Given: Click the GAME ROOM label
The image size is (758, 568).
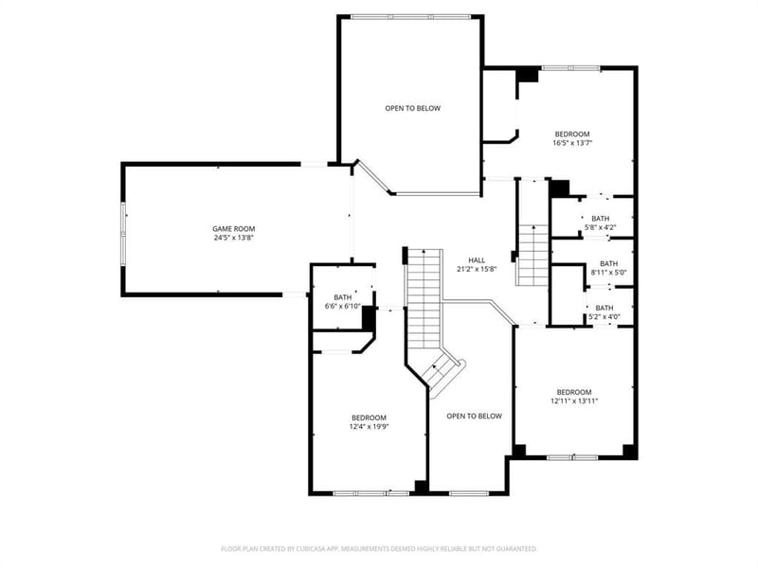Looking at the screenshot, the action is tap(233, 229).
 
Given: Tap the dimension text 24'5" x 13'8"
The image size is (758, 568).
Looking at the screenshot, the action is tap(234, 238).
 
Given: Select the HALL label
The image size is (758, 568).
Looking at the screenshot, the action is tap(477, 260).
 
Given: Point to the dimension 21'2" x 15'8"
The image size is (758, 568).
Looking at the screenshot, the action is tap(477, 269).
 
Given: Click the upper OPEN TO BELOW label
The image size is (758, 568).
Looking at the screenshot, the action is tap(413, 108).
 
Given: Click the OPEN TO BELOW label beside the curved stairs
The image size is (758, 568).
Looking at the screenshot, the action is tap(475, 416).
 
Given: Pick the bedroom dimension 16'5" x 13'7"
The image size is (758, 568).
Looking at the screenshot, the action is tap(573, 143).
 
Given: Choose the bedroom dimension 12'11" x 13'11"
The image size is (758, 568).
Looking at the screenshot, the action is tap(574, 400).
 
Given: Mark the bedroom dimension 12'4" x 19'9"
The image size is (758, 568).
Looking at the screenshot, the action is tap(370, 427).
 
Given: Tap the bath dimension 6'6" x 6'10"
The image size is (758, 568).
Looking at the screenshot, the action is tap(343, 306).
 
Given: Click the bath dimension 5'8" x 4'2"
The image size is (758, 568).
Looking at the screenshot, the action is tap(601, 227).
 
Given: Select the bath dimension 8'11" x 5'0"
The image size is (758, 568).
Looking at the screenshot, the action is tap(608, 272).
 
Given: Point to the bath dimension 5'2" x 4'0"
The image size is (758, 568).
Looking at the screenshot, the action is tap(605, 317).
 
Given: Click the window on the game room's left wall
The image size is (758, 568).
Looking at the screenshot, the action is tap(124, 234).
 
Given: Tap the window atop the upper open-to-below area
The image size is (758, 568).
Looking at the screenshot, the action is tap(410, 17).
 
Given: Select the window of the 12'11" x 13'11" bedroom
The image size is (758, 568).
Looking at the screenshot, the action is tap(573, 457).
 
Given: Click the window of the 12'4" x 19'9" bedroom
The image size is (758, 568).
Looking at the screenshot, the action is tap(371, 493).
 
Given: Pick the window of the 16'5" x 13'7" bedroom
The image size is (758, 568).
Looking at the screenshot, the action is tap(571, 68).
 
